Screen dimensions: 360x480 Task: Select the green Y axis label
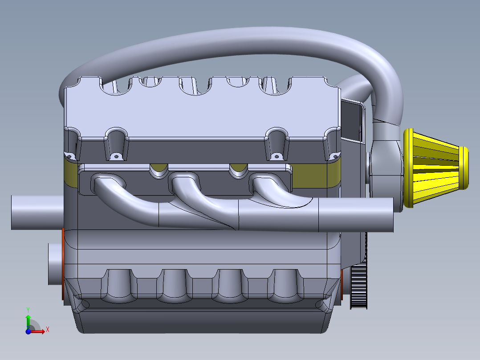pyautogui.click(x=28, y=309)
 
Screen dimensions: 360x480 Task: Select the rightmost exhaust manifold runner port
pyautogui.click(x=265, y=182)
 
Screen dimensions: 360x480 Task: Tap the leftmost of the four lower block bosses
pyautogui.click(x=119, y=285)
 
